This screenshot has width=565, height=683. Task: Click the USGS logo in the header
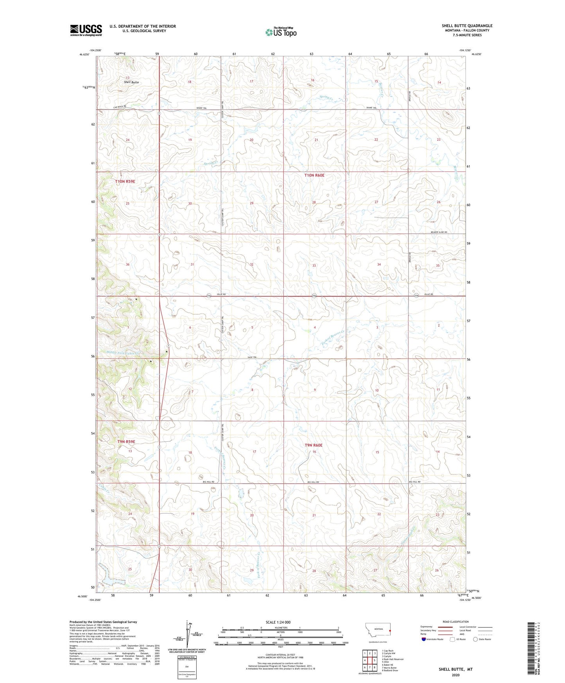[x=86, y=30]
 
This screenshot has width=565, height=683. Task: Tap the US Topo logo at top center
[x=281, y=32]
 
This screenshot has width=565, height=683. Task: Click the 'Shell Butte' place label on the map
[x=131, y=83]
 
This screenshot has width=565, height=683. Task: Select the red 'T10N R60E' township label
[x=314, y=176]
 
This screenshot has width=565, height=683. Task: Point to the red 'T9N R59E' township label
[x=126, y=442]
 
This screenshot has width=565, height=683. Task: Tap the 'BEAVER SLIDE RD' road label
[x=439, y=232]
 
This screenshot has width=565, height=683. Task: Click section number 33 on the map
[x=314, y=266]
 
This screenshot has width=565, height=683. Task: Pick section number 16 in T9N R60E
[x=314, y=452]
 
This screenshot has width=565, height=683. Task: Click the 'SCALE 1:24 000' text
[x=278, y=622]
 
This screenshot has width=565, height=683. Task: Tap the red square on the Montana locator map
[x=390, y=630]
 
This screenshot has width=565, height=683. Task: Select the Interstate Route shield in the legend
[x=424, y=639]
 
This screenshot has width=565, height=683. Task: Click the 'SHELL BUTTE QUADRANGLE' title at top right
[x=467, y=26]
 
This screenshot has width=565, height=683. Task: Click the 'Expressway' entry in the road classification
[x=427, y=627]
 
